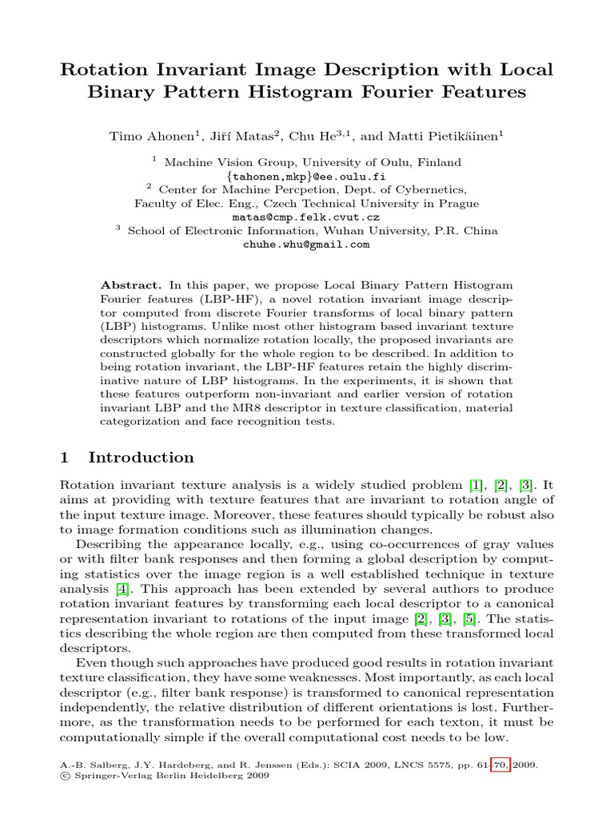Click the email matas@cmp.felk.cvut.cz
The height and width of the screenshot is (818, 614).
(x=306, y=216)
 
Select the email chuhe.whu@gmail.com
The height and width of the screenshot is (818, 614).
(x=306, y=244)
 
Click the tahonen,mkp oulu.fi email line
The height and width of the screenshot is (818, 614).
(x=306, y=176)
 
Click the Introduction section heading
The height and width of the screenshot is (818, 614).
(x=141, y=458)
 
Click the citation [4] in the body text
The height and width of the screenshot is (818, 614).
(x=122, y=590)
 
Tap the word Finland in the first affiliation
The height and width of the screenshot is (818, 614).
(x=438, y=162)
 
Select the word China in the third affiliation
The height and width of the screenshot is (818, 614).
(x=480, y=231)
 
